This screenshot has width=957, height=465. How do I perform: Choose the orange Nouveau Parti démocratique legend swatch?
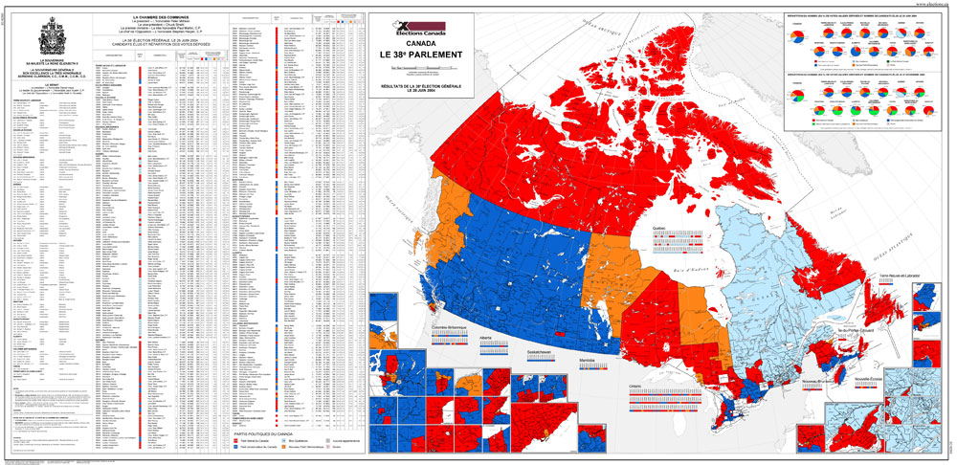(283, 449)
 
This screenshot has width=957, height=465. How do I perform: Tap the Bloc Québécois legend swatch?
(283, 441)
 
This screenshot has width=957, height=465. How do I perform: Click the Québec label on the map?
(659, 228)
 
